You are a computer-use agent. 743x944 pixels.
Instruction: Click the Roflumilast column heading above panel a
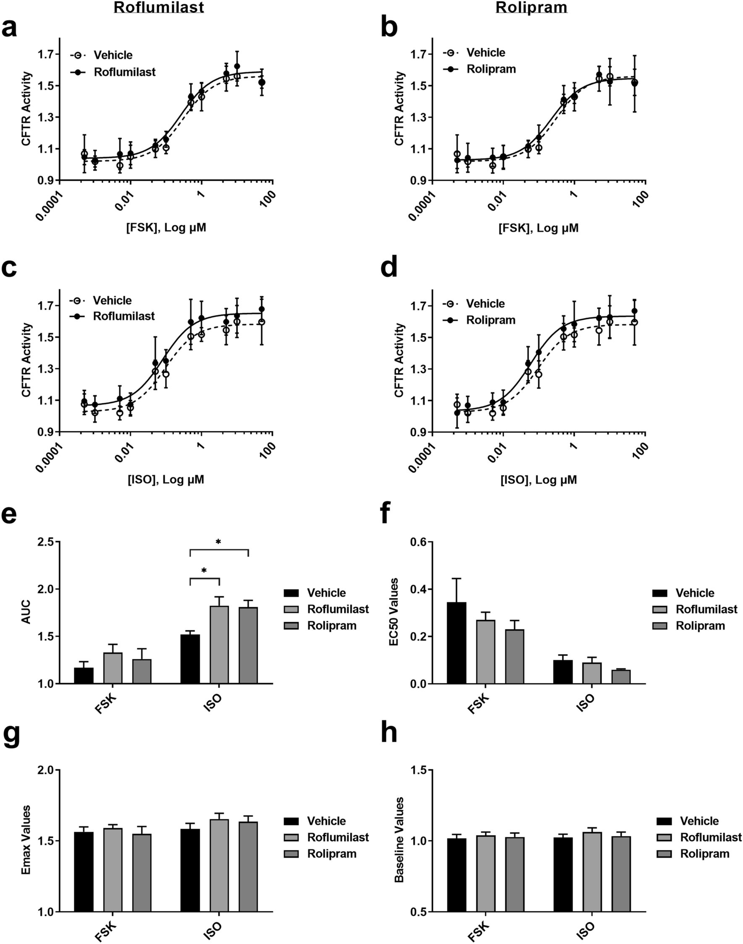(159, 8)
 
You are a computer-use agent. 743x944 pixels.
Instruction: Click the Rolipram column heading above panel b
(531, 8)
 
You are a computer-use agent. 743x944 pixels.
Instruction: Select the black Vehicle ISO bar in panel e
(190, 659)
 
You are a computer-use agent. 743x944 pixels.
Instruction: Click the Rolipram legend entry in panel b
(491, 69)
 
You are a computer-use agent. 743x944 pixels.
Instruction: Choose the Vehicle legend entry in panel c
(112, 300)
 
